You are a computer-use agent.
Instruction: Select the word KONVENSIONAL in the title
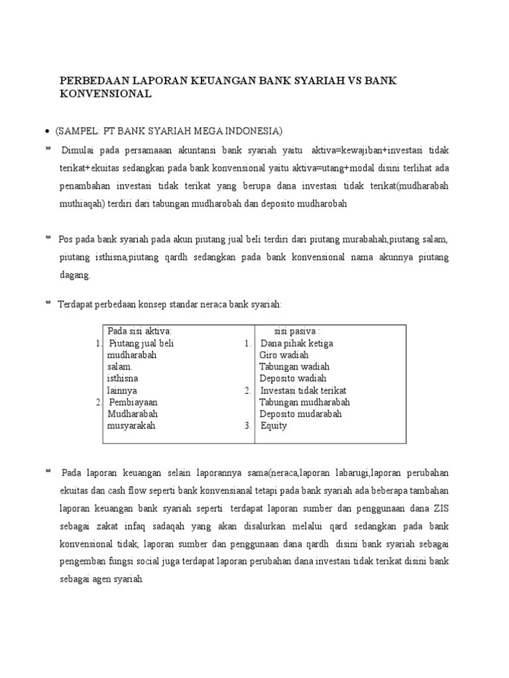pyautogui.click(x=106, y=94)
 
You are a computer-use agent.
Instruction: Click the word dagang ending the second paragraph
pyautogui.click(x=75, y=275)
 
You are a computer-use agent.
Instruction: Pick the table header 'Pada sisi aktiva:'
pyautogui.click(x=139, y=331)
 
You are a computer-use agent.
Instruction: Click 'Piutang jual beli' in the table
pyautogui.click(x=141, y=343)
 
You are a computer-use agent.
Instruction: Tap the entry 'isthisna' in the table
pyautogui.click(x=123, y=379)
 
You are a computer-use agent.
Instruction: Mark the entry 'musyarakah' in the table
pyautogui.click(x=131, y=426)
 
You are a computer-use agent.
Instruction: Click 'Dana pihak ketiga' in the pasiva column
pyautogui.click(x=297, y=343)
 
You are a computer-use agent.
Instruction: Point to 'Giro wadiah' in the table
pyautogui.click(x=284, y=355)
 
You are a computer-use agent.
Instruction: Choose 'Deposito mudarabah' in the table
pyautogui.click(x=301, y=414)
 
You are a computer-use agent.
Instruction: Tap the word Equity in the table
pyautogui.click(x=274, y=426)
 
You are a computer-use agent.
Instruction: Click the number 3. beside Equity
pyautogui.click(x=248, y=426)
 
